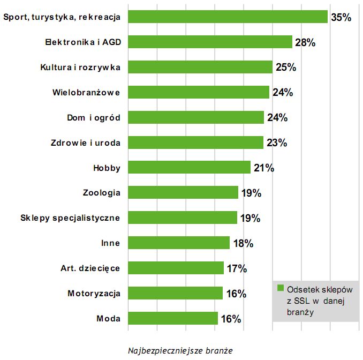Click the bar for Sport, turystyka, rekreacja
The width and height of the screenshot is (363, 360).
pyautogui.click(x=228, y=17)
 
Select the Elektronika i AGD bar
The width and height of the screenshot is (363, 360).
pyautogui.click(x=210, y=42)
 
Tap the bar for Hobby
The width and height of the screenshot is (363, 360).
pyautogui.click(x=190, y=168)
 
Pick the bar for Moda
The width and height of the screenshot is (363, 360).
pyautogui.click(x=173, y=319)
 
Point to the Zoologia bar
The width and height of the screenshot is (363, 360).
pyautogui.click(x=184, y=193)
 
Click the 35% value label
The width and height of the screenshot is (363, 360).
pyautogui.click(x=341, y=17)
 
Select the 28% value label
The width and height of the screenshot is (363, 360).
pyautogui.click(x=305, y=42)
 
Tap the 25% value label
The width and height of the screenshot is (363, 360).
pyautogui.click(x=285, y=67)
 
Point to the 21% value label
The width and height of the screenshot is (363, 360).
pyautogui.click(x=263, y=168)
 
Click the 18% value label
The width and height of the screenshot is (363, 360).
pyautogui.click(x=243, y=244)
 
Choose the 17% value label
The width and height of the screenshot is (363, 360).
pyautogui.click(x=236, y=269)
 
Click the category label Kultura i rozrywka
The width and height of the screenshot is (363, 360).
pyautogui.click(x=80, y=67)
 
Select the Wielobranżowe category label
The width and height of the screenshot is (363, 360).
pyautogui.click(x=86, y=93)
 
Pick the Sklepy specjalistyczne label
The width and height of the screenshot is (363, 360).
pyautogui.click(x=70, y=218)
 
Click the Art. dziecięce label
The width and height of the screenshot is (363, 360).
pyautogui.click(x=89, y=268)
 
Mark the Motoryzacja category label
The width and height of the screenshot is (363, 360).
pyautogui.click(x=94, y=294)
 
